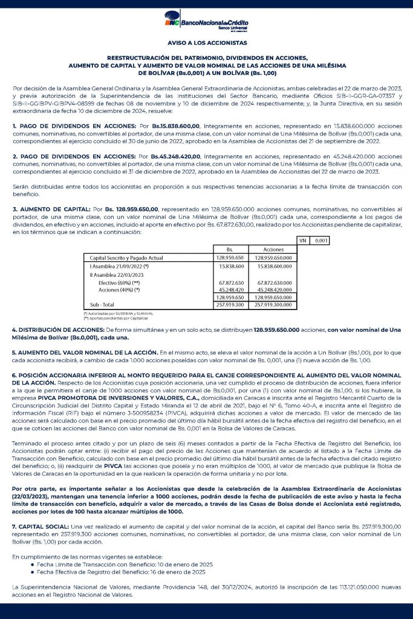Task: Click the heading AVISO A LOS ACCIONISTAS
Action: pos(206,43)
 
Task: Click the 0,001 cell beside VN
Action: pos(321,240)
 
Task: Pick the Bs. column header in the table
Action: pos(230,249)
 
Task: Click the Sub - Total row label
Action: pos(102,305)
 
